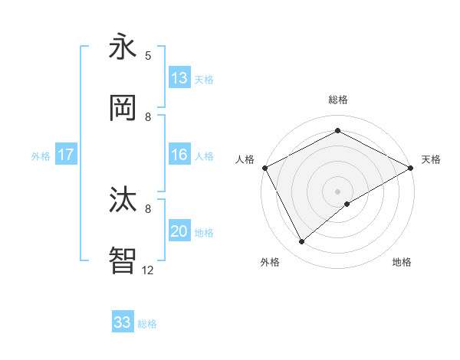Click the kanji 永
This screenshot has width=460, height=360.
(x=123, y=47)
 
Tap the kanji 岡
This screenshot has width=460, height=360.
(x=123, y=109)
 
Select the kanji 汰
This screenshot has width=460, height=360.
(x=123, y=201)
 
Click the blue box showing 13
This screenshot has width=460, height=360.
(x=179, y=78)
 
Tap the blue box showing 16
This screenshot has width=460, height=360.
(x=179, y=155)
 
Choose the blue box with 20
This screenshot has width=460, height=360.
(x=179, y=232)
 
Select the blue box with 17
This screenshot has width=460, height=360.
(x=66, y=155)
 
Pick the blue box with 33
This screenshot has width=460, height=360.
(x=123, y=322)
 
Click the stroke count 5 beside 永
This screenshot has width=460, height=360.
(x=148, y=55)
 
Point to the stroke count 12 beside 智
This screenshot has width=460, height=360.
(x=148, y=270)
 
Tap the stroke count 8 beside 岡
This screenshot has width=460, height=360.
(x=148, y=116)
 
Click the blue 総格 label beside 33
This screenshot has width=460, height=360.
(x=147, y=324)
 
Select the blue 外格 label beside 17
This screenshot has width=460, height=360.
(x=41, y=155)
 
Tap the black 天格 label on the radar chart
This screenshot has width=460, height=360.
(x=432, y=159)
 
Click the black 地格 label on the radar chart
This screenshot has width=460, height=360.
(x=402, y=262)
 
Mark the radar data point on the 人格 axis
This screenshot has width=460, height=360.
(x=264, y=167)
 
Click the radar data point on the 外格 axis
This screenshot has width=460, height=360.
(x=302, y=241)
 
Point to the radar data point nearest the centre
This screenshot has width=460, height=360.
(x=348, y=204)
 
